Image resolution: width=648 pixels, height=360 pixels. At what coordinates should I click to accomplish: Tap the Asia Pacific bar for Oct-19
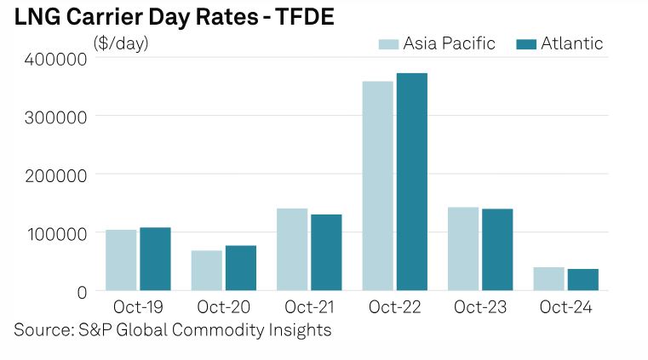(121, 260)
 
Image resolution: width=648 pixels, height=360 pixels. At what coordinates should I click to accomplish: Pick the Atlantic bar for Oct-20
(240, 267)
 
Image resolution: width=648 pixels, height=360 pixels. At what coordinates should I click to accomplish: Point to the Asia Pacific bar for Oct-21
(292, 249)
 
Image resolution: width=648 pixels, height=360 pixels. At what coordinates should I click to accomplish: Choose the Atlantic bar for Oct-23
(497, 249)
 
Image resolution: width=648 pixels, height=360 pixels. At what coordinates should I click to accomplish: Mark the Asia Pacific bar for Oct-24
(548, 278)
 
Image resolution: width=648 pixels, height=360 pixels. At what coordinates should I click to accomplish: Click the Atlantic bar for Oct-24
(582, 279)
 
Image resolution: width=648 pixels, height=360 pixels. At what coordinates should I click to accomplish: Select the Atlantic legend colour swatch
(525, 43)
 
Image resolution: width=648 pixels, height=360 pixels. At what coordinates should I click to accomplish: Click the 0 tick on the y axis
(82, 292)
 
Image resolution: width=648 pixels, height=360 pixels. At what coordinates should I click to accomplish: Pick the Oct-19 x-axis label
(138, 306)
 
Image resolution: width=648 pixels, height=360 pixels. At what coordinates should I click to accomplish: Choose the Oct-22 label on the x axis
(394, 306)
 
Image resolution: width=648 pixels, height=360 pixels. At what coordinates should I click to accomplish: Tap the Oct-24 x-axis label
(565, 306)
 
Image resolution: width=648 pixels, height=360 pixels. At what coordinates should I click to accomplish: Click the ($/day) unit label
(120, 43)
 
